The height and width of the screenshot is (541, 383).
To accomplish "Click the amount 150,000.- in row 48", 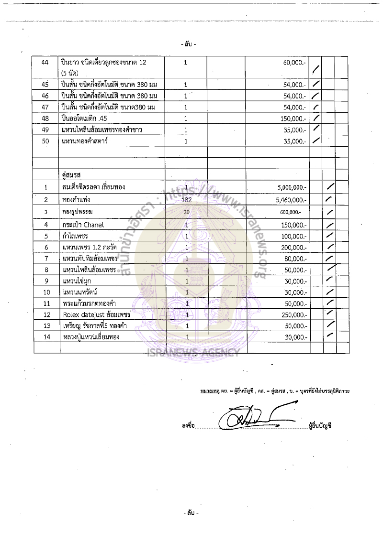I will [293, 119].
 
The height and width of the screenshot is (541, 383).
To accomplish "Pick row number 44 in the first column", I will [46, 63].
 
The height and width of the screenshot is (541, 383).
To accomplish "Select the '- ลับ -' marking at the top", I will [189, 44].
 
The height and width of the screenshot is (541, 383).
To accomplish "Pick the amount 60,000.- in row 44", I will [294, 63].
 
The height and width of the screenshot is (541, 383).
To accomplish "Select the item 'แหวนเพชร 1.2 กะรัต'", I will [90, 247].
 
